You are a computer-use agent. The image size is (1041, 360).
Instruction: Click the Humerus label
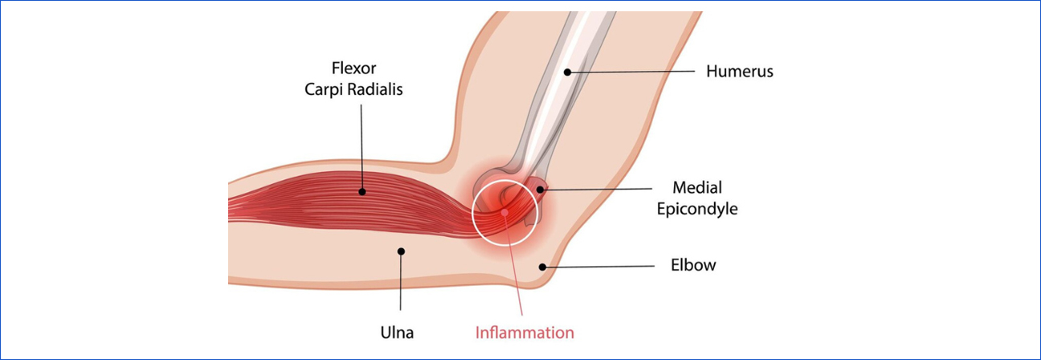click(739, 72)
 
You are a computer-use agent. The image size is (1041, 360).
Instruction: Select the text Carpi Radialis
click(353, 89)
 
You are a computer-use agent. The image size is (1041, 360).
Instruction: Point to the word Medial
click(697, 189)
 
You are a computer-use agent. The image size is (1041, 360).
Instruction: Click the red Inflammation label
click(525, 332)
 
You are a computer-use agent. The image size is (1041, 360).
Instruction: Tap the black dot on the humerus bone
click(567, 72)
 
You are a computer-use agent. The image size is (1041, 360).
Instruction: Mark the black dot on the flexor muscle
click(363, 191)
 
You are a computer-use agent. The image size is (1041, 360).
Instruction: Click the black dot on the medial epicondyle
click(540, 190)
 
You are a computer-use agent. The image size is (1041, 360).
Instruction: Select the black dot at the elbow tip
click(543, 265)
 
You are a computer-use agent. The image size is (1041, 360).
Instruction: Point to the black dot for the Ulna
click(402, 252)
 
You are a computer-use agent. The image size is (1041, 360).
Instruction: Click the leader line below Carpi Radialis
click(363, 145)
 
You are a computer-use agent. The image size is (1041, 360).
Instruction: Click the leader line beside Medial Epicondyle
click(594, 190)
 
